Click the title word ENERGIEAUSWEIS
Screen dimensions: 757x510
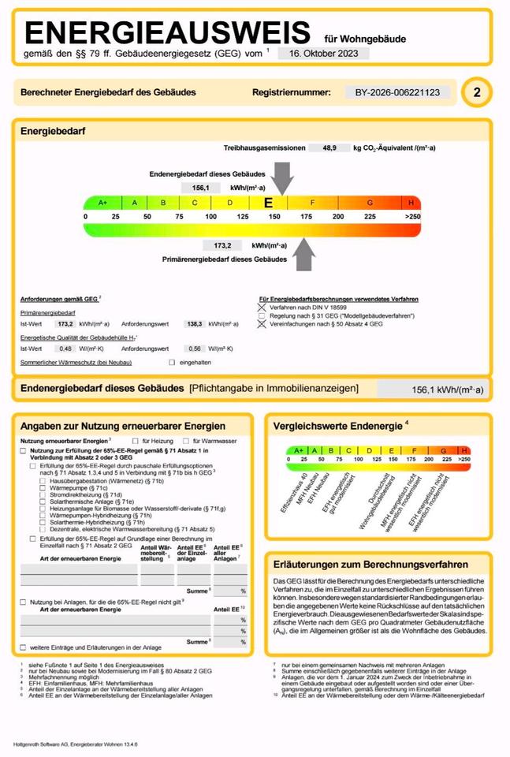168,33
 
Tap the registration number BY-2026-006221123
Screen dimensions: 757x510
398,92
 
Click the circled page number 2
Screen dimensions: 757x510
476,92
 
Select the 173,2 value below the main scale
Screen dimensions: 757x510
221,245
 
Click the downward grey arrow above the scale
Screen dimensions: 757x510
280,177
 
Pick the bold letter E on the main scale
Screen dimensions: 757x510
268,203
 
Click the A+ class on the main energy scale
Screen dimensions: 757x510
102,203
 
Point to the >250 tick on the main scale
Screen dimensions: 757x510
412,216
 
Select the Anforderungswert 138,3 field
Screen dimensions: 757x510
194,324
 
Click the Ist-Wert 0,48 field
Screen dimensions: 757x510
65,348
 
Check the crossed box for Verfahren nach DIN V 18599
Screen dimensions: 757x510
262,307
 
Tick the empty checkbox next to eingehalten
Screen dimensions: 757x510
172,362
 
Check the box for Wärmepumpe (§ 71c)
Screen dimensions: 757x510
43,489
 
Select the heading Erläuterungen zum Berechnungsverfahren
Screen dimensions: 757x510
370,565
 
